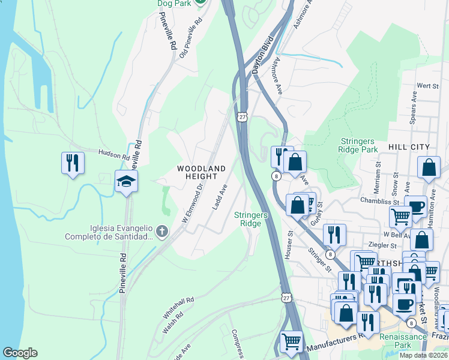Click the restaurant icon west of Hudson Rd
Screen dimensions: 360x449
[72, 163]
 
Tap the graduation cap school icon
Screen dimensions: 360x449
[126, 181]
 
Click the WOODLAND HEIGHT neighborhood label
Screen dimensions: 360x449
[201, 172]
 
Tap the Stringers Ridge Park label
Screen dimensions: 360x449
[358, 144]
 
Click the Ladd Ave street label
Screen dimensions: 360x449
[220, 196]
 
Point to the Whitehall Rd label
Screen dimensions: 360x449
[178, 307]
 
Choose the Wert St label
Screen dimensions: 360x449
[429, 86]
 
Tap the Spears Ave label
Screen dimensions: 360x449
[413, 110]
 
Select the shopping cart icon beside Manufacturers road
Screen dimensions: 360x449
[292, 341]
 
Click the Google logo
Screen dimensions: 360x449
[20, 353]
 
